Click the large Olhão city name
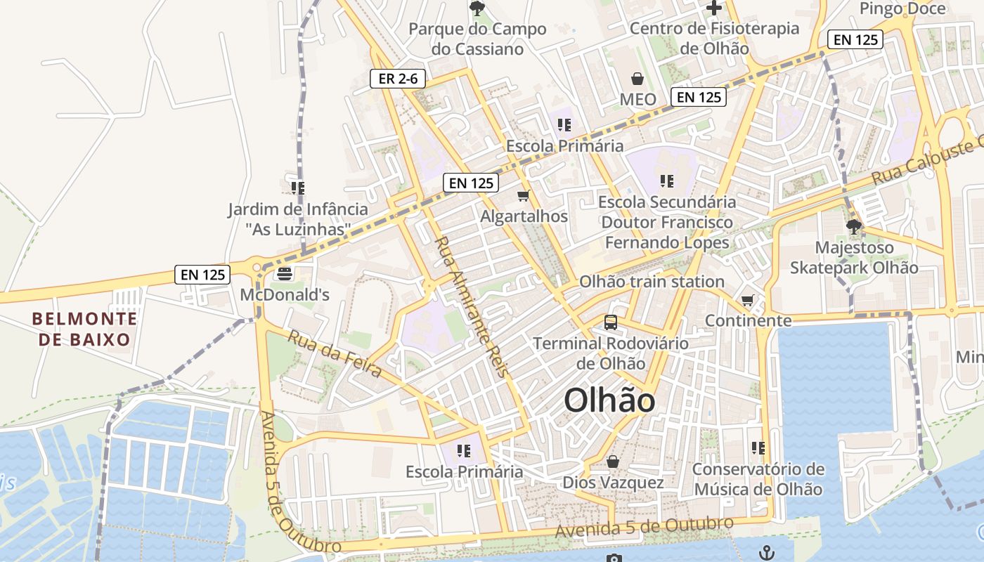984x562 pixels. (x=609, y=401)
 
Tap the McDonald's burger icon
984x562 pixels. (x=285, y=273)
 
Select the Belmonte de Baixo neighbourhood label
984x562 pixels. (x=84, y=329)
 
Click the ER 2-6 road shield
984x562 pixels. (x=398, y=79)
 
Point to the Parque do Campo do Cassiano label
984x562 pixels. (x=477, y=39)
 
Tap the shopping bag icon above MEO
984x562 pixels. (x=637, y=79)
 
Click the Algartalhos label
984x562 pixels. (x=524, y=216)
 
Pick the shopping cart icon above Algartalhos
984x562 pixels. (x=523, y=195)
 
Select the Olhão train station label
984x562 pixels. (x=652, y=282)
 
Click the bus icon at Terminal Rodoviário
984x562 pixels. (x=611, y=322)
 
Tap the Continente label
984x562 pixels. (x=748, y=320)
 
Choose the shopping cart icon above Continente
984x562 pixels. (x=747, y=300)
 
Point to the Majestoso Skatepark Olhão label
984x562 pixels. (x=854, y=258)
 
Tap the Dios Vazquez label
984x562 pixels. (x=613, y=483)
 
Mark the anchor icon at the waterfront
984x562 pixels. (x=768, y=552)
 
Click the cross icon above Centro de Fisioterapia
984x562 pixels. (x=714, y=8)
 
